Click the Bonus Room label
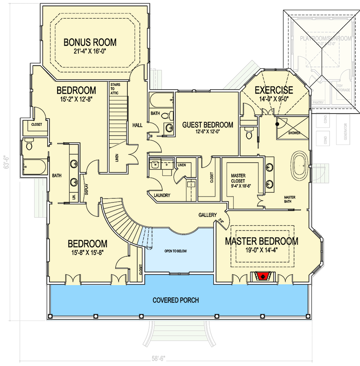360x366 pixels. [x=90, y=42]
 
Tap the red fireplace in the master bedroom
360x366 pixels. [x=263, y=277]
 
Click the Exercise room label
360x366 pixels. [x=274, y=90]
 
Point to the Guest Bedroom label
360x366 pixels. [x=208, y=125]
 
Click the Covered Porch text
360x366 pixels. [x=176, y=300]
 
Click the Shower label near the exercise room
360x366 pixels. [x=294, y=133]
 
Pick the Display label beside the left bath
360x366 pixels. [x=86, y=189]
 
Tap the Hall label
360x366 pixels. [x=137, y=125]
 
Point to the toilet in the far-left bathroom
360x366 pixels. [x=29, y=145]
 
